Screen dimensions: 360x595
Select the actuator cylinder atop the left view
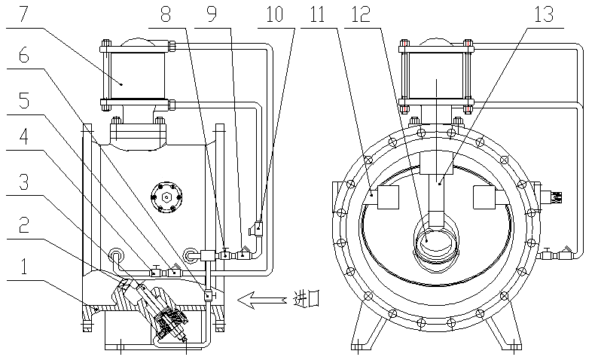coord(136,75)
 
